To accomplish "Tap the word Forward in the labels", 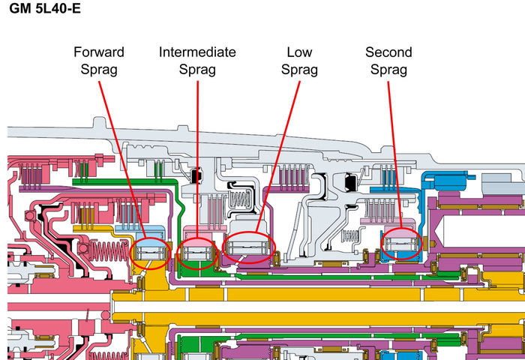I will pos(98,52).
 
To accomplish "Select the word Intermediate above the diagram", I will pos(197,52).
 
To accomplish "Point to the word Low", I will pos(299,52).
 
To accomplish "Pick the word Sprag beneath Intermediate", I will pos(197,70).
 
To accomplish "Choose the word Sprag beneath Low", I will pos(299,70).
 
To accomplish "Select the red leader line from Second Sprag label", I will pos(393,150).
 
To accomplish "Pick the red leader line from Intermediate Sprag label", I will pos(197,150).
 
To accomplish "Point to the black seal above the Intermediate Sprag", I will pos(197,175).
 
